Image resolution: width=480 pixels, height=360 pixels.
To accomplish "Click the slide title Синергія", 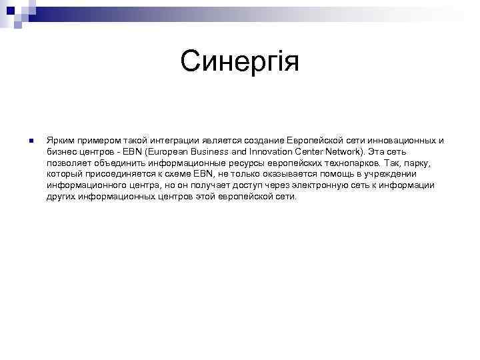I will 240,63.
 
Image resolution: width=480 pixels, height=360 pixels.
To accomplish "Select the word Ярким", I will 59,141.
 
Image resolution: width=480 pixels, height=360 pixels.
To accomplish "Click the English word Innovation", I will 267,152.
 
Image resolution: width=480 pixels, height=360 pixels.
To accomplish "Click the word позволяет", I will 69,163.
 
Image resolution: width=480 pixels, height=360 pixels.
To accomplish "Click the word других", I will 61,197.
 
